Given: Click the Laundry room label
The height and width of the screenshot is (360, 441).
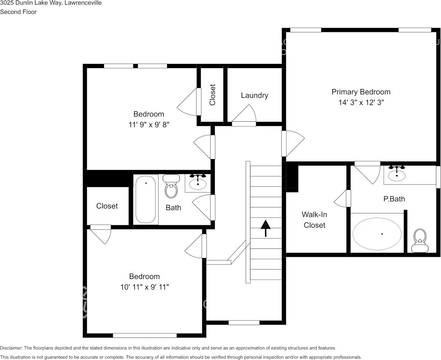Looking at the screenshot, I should (254, 96).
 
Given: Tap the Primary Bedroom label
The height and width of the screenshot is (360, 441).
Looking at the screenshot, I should (361, 92).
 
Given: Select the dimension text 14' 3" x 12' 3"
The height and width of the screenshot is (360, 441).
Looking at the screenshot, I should (361, 103).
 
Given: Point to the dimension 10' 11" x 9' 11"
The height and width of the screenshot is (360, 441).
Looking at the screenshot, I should (144, 287).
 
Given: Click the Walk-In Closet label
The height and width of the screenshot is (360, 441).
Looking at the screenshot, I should (315, 220).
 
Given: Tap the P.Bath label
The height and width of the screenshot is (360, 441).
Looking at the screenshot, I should (394, 199).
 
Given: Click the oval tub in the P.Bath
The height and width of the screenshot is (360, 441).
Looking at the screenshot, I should (377, 234).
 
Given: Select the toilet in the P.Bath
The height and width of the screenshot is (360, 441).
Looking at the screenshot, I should (420, 240).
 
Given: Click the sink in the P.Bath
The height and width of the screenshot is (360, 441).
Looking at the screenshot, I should (397, 174).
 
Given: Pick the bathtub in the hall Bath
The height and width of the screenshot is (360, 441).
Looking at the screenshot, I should (146, 199).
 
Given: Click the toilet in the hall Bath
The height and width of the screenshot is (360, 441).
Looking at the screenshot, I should (171, 187).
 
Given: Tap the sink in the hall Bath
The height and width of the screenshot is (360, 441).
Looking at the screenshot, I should (198, 183).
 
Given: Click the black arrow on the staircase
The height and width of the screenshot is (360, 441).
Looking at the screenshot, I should (265, 228).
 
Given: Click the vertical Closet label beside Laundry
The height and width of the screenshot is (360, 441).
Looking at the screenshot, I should (213, 95).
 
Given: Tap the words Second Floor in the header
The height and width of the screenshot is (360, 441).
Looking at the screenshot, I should (18, 12).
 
